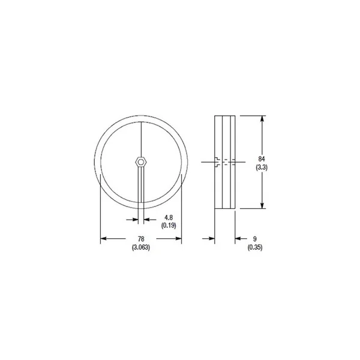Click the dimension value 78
point(140,239)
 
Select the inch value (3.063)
point(140,247)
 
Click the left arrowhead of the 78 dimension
point(103,239)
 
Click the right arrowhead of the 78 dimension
point(178,239)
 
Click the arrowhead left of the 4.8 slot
point(133,219)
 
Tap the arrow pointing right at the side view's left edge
point(211,239)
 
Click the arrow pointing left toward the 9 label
point(238,239)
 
